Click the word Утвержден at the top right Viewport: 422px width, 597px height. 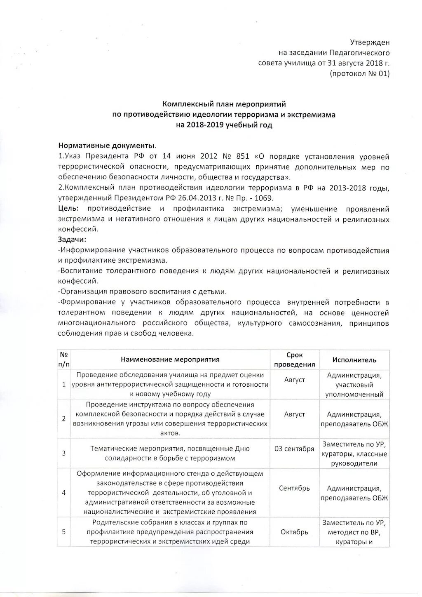(369, 42)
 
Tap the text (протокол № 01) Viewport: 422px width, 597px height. (359, 74)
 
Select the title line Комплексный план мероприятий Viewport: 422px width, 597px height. (224, 104)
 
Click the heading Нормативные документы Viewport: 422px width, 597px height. (107, 146)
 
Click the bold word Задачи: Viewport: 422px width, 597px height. (72, 240)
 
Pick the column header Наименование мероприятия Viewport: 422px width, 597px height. (170, 360)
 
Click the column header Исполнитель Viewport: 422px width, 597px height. (354, 360)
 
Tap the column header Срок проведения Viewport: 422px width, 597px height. (294, 360)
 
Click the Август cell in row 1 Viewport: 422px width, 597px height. (294, 380)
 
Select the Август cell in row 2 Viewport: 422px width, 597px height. (294, 414)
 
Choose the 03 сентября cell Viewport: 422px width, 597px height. (294, 449)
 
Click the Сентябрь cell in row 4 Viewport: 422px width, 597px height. (294, 488)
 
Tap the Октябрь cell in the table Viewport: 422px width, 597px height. (294, 532)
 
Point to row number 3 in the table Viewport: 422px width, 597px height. (64, 453)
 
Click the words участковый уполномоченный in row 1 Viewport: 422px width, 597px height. (354, 390)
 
